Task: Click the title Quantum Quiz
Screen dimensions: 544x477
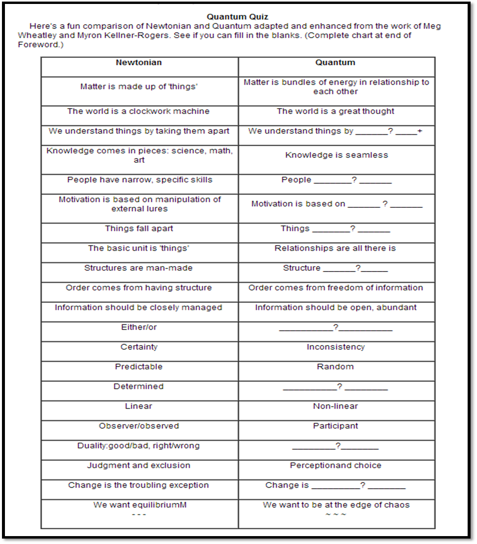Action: pyautogui.click(x=237, y=17)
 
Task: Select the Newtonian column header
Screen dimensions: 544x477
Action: pyautogui.click(x=139, y=63)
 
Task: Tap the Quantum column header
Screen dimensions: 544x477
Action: pyautogui.click(x=335, y=63)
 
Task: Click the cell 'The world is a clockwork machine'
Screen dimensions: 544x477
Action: pyautogui.click(x=139, y=112)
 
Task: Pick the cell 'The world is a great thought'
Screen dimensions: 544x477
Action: pyautogui.click(x=335, y=112)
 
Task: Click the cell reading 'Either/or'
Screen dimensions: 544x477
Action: pyautogui.click(x=139, y=327)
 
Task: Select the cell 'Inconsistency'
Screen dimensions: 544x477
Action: pyautogui.click(x=335, y=347)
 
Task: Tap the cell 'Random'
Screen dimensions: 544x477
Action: pyautogui.click(x=335, y=367)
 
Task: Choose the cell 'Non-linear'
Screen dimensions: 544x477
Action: pyautogui.click(x=335, y=406)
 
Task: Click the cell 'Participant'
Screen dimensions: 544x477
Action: pyautogui.click(x=335, y=426)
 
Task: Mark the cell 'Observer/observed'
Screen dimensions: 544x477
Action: pyautogui.click(x=139, y=426)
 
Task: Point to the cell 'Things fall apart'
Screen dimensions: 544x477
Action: pyautogui.click(x=139, y=229)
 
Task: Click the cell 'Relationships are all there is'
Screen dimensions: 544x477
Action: pyautogui.click(x=335, y=248)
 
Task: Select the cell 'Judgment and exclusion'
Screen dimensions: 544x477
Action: pyautogui.click(x=139, y=466)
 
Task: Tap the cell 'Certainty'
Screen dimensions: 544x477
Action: pyautogui.click(x=139, y=347)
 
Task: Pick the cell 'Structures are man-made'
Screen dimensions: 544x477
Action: pyautogui.click(x=139, y=268)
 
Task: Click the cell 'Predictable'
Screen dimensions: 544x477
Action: pyautogui.click(x=139, y=367)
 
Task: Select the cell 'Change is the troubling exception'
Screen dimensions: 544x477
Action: pyautogui.click(x=139, y=485)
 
